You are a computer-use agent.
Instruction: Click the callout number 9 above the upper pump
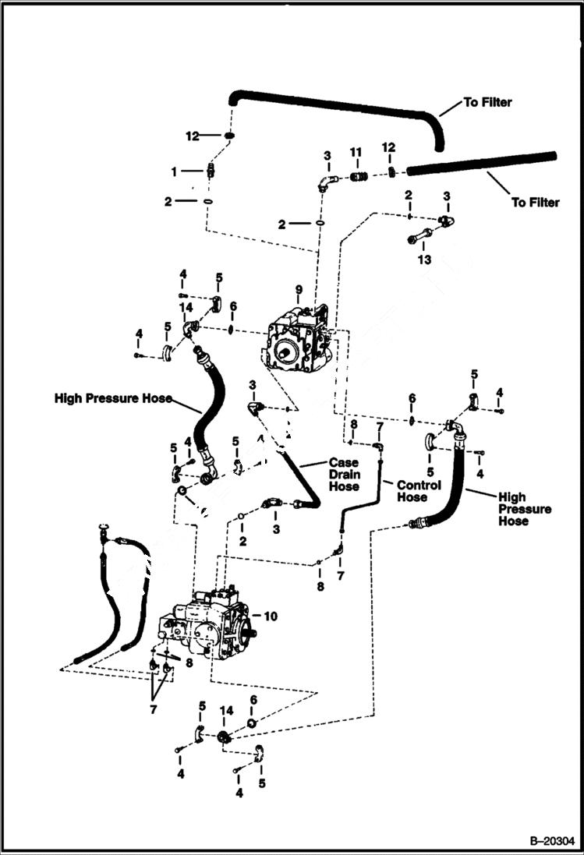pyautogui.click(x=298, y=290)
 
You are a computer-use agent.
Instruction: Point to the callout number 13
pyautogui.click(x=423, y=260)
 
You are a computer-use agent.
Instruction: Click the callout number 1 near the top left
pyautogui.click(x=175, y=171)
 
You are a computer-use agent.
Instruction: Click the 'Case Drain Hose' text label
pyautogui.click(x=344, y=475)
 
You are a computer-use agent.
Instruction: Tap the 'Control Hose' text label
pyautogui.click(x=419, y=490)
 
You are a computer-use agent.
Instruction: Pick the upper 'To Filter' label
pyautogui.click(x=488, y=102)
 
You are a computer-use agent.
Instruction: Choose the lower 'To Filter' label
pyautogui.click(x=535, y=203)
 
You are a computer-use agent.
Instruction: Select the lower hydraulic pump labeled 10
pyautogui.click(x=204, y=624)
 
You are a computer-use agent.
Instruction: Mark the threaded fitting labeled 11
pyautogui.click(x=359, y=177)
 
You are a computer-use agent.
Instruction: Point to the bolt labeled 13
pyautogui.click(x=421, y=235)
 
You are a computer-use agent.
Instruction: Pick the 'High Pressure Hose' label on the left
pyautogui.click(x=112, y=398)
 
